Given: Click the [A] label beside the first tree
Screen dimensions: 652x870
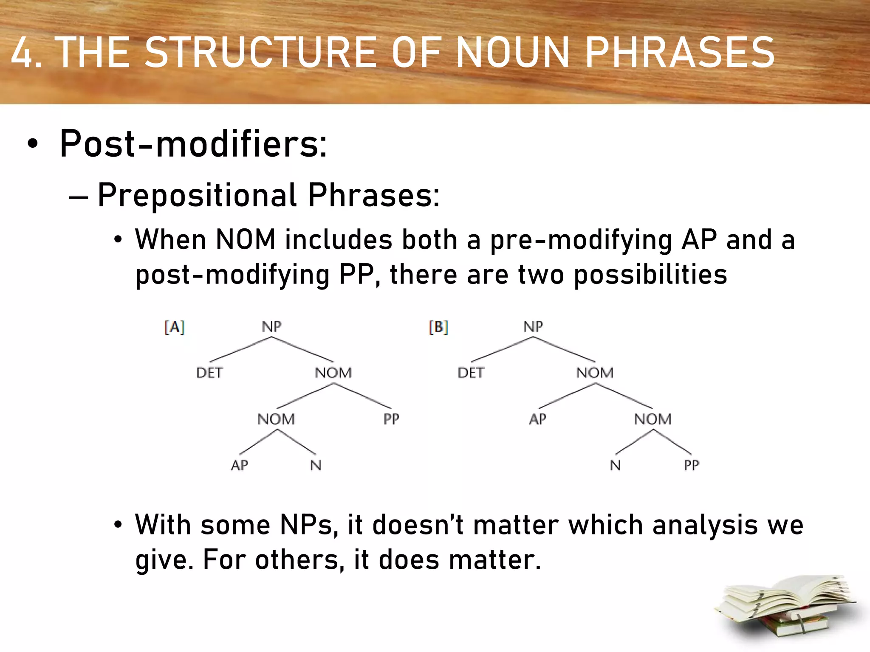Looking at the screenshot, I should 175,327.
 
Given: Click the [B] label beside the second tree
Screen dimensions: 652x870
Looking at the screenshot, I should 438,327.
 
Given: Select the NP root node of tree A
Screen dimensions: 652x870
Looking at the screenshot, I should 271,326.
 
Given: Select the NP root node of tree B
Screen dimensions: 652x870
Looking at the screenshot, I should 533,326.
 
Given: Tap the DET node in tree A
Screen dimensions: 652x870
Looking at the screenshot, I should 209,373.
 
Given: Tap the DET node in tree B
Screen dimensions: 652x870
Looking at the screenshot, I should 471,373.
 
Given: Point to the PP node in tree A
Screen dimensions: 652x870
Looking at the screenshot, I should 391,419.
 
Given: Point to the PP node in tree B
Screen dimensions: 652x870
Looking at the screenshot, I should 691,465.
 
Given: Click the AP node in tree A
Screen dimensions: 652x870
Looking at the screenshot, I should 240,465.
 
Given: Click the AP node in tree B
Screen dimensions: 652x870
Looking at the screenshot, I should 538,419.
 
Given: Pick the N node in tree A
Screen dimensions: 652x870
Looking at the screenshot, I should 316,465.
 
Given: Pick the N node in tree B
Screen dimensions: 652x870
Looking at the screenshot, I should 615,465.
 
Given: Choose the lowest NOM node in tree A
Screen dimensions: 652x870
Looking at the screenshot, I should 276,419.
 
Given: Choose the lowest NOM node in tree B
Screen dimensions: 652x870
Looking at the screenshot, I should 653,419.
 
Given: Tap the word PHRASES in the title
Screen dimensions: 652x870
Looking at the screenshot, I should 680,53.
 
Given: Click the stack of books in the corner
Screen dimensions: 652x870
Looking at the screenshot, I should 786,607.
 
